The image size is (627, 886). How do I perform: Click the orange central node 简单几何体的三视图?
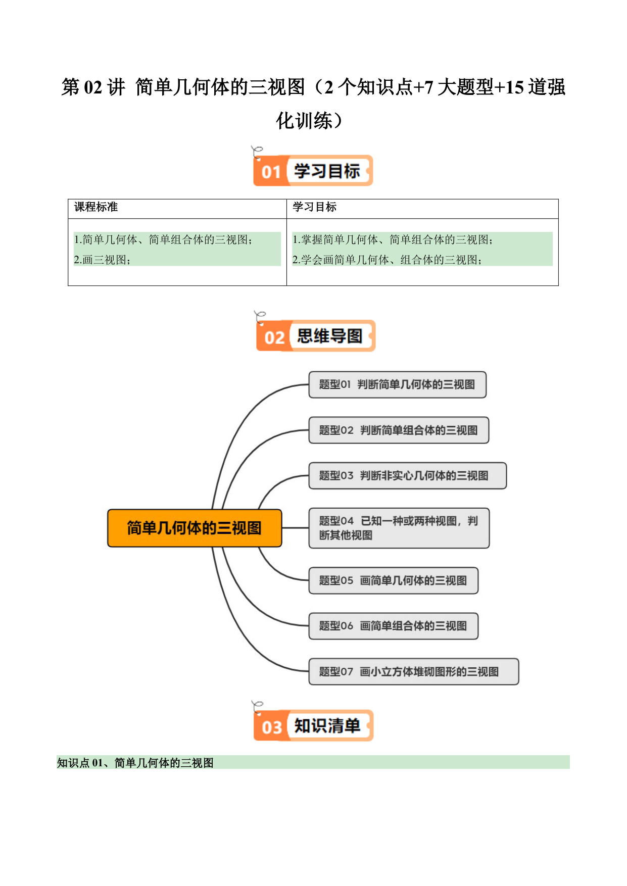click(x=195, y=528)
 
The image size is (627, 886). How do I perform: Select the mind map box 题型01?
click(x=398, y=384)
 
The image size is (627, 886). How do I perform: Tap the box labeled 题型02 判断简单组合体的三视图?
click(x=399, y=430)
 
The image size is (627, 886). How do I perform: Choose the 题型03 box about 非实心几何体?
click(x=408, y=475)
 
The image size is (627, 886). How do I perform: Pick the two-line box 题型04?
click(x=399, y=528)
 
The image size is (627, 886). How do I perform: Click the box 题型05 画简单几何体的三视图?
click(x=394, y=580)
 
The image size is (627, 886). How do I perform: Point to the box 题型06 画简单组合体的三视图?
click(x=394, y=626)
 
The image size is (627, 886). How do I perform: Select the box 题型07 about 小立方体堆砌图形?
click(x=414, y=671)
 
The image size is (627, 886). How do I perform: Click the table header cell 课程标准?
click(x=96, y=207)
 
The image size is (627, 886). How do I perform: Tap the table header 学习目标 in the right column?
click(x=314, y=207)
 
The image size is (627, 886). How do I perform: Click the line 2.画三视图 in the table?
click(x=102, y=260)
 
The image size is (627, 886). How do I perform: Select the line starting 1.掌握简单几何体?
click(x=393, y=239)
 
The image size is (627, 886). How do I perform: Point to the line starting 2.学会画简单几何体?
click(x=387, y=260)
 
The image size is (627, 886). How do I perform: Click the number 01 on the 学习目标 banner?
click(x=271, y=172)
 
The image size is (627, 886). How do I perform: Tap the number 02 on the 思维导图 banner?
click(x=274, y=337)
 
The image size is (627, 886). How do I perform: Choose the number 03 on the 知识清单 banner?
click(x=271, y=727)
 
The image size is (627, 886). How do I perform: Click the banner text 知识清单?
click(x=327, y=726)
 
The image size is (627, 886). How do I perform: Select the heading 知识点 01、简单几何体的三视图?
click(x=135, y=763)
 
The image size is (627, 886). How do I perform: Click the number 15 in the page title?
click(x=514, y=87)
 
